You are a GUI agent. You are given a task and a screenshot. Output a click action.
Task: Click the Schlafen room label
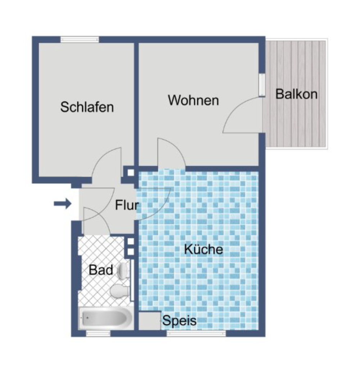pyautogui.click(x=87, y=107)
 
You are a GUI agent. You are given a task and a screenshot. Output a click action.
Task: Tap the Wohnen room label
pyautogui.click(x=193, y=100)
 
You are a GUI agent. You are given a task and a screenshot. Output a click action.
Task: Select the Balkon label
pyautogui.click(x=296, y=94)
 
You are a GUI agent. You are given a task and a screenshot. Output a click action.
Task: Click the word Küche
pyautogui.click(x=203, y=249)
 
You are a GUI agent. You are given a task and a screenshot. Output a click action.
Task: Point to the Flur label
pyautogui.click(x=127, y=205)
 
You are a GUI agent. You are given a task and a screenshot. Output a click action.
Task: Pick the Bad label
pyautogui.click(x=101, y=270)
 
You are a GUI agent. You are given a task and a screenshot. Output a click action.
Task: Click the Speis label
pyautogui.click(x=180, y=321)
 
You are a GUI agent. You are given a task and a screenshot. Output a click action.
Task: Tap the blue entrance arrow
pyautogui.click(x=62, y=204)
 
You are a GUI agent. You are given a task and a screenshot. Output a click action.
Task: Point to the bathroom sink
pyautogui.click(x=123, y=271)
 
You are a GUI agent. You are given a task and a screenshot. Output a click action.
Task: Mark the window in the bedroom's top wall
pyautogui.click(x=80, y=40)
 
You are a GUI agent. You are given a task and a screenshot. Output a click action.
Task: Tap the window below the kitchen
pyautogui.click(x=196, y=333)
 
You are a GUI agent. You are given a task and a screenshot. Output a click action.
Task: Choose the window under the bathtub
pyautogui.click(x=98, y=333)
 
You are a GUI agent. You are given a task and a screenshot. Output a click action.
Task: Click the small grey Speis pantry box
pyautogui.click(x=149, y=321)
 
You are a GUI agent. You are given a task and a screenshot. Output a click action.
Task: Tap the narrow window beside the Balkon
pyautogui.click(x=262, y=85)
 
